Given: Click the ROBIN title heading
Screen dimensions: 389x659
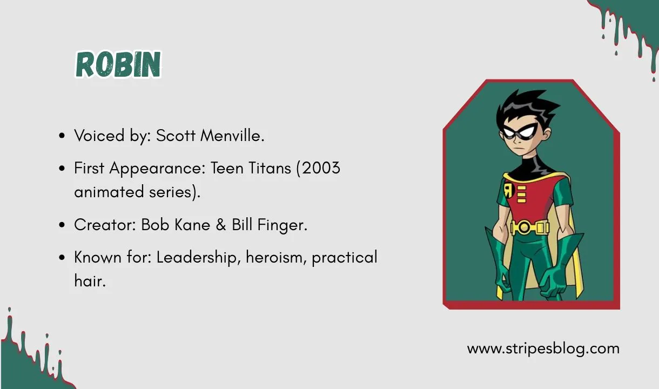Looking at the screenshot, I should point(118,65).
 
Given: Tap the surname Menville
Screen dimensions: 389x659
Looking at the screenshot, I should point(232,136).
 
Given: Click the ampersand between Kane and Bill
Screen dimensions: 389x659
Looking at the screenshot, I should point(221,225).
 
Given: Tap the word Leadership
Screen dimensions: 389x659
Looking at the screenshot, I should point(198,258).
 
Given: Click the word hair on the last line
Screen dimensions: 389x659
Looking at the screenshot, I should point(89,281).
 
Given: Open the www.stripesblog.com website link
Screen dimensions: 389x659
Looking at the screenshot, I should point(543,348).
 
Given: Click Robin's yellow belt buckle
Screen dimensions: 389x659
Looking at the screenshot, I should point(523,227).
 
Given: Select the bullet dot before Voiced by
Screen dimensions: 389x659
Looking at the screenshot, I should point(62,136).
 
